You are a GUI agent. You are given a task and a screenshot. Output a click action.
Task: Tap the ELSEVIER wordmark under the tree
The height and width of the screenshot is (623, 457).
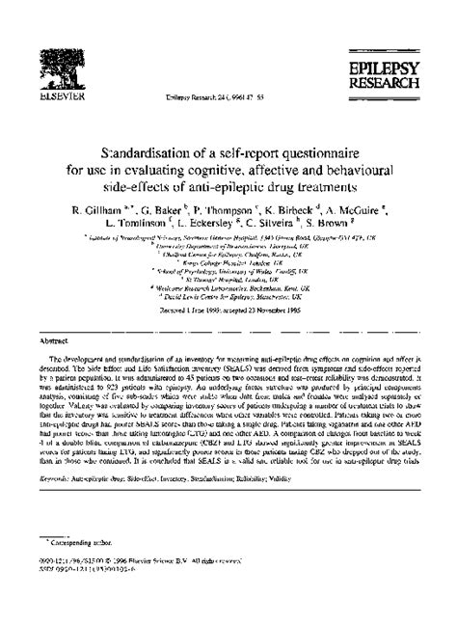pos(46,98)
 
